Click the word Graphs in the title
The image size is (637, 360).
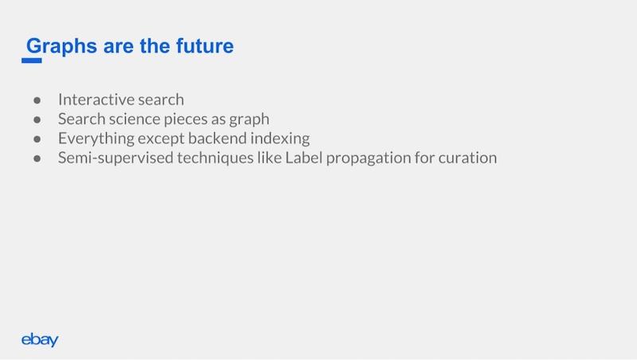coord(62,47)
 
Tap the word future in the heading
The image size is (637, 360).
coord(205,45)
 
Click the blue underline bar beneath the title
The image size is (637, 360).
coord(32,61)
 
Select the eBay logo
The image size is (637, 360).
coord(40,339)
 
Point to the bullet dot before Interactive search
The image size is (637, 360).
coord(37,100)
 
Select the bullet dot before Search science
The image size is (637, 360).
coord(37,119)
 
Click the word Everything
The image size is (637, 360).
coord(96,139)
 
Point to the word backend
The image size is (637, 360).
coord(217,138)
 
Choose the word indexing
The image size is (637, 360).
coord(280,139)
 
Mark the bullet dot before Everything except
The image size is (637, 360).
coord(37,139)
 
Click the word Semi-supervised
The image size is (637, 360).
coord(115,158)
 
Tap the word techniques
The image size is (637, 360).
coord(215,158)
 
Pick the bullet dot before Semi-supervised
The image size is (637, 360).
coord(37,158)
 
